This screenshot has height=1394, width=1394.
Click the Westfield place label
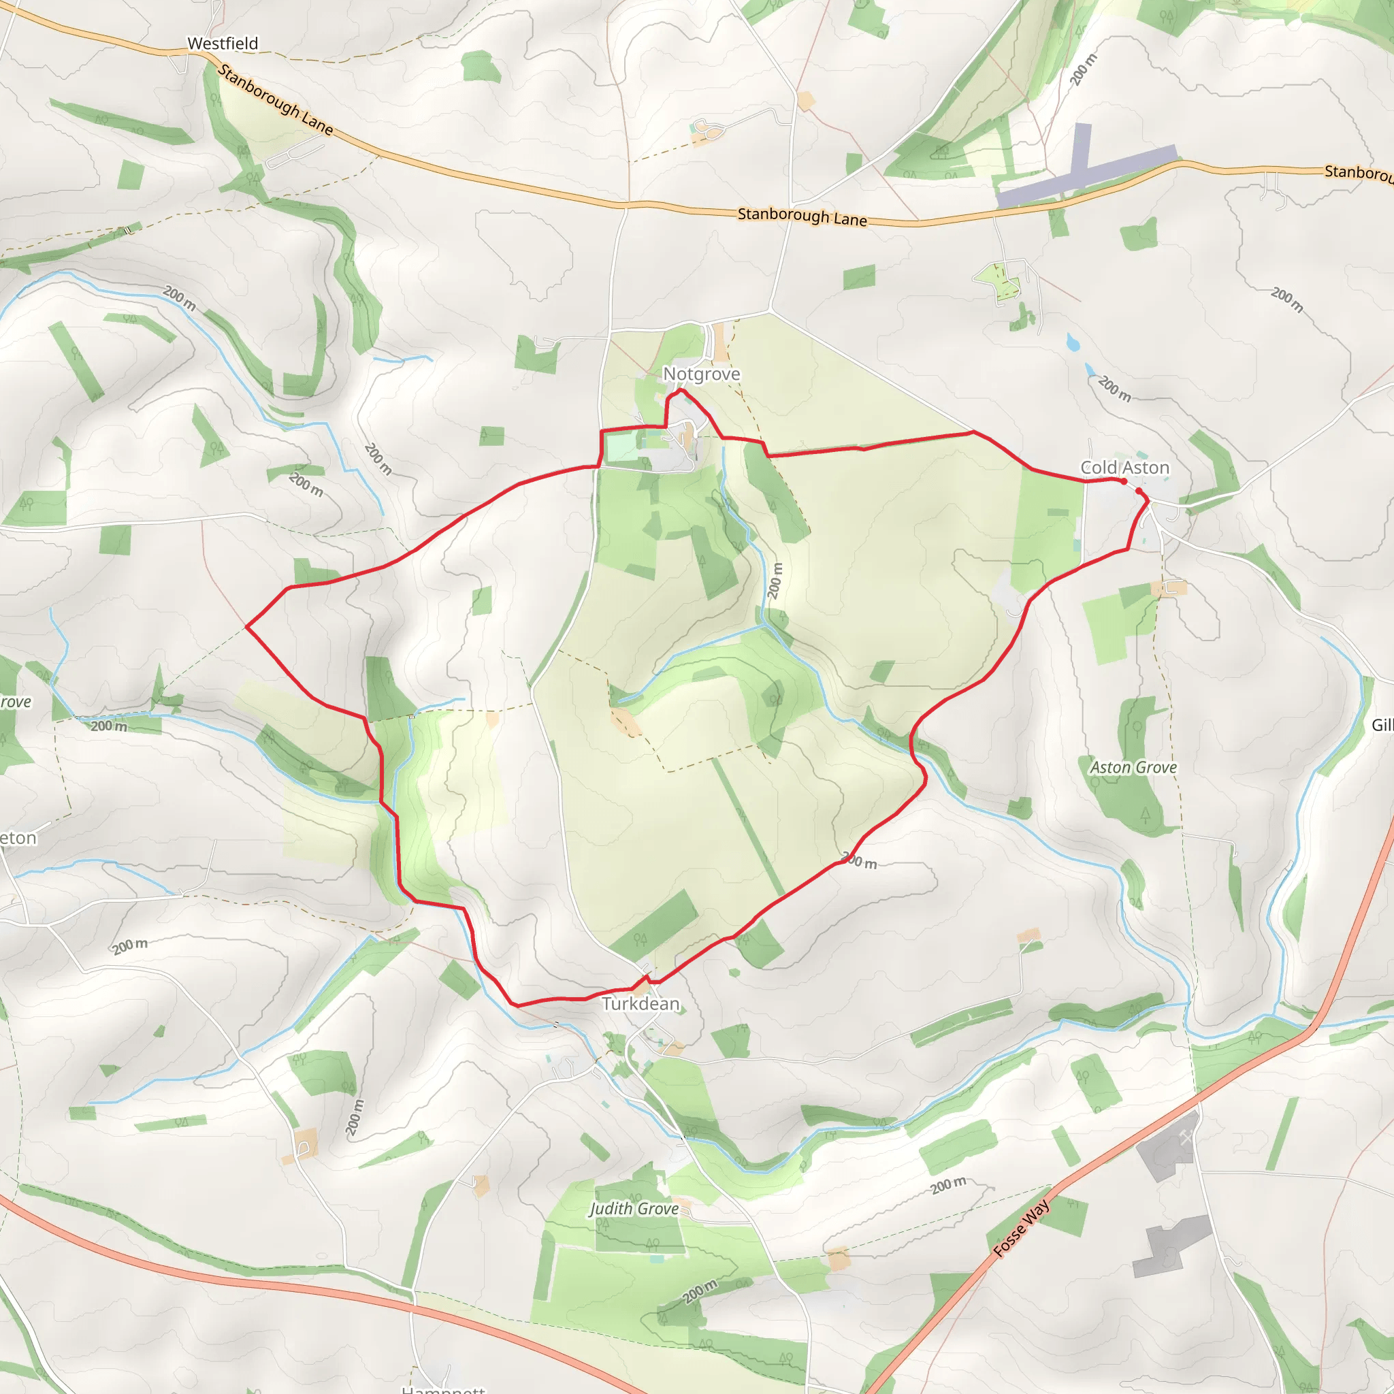coord(222,44)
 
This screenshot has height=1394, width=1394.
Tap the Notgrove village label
coord(701,374)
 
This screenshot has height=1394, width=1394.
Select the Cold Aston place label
coord(1124,468)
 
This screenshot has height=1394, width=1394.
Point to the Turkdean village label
coord(641,1004)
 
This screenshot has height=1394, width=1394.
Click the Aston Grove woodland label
coord(1133,768)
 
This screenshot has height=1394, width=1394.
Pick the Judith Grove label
coord(634,1209)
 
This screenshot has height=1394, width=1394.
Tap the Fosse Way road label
coord(1022,1228)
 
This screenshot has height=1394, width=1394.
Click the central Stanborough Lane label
coord(802,216)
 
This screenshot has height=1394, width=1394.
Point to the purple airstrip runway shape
coord(1082,170)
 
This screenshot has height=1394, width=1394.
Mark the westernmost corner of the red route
coord(247,626)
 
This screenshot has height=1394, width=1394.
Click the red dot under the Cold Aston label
coord(1123,481)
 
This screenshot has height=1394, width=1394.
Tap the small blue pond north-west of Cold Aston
coord(1073,342)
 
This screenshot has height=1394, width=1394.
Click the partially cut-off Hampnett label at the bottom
coord(443,1389)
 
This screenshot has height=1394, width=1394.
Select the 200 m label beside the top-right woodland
coord(1083,69)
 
